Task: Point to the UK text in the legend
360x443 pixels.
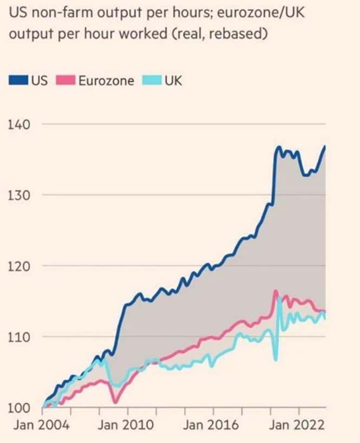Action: click(173, 81)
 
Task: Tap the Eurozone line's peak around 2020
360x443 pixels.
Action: click(276, 291)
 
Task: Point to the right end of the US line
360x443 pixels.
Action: click(325, 146)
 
